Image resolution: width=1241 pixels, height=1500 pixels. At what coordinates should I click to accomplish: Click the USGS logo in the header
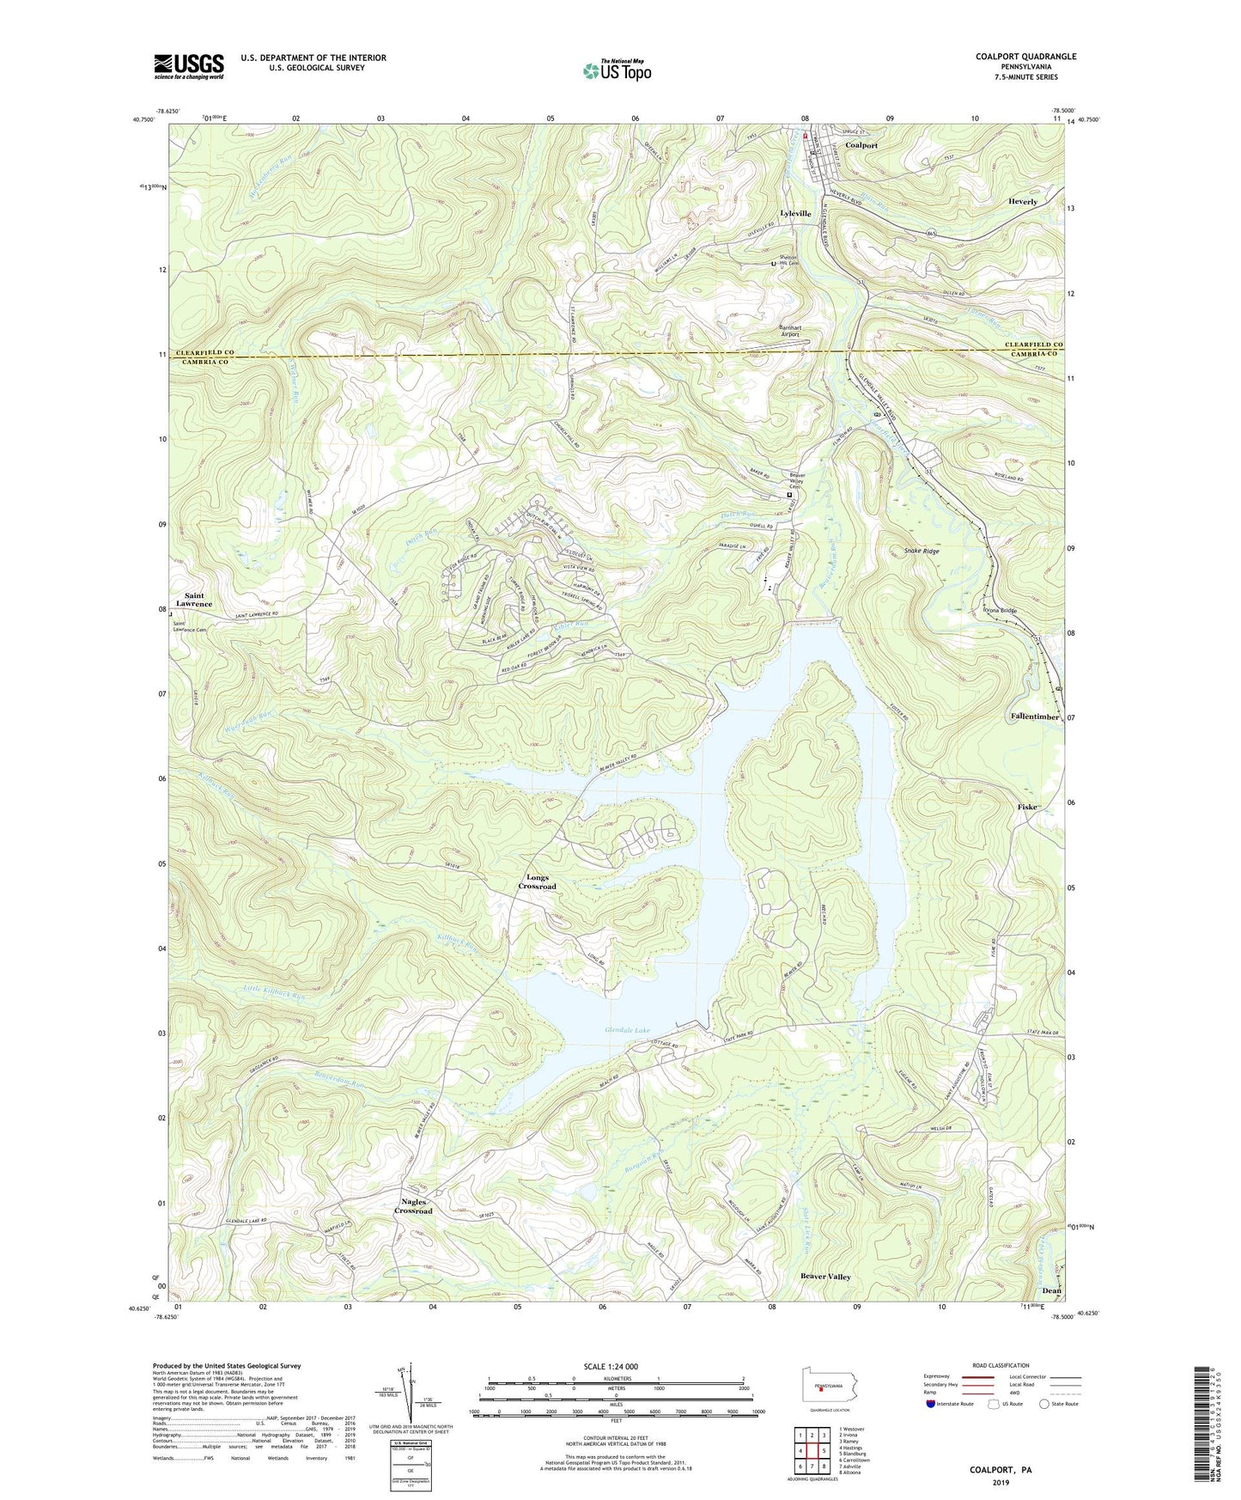point(189,65)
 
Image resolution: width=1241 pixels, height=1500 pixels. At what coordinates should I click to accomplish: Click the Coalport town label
point(861,145)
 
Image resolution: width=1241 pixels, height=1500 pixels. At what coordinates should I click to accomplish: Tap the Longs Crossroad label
point(537,882)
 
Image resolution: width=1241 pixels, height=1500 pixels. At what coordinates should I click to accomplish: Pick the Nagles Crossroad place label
point(413,1206)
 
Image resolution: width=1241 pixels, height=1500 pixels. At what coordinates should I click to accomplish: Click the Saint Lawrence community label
point(194,600)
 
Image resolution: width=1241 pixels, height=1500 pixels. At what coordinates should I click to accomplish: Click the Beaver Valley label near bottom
point(825,1277)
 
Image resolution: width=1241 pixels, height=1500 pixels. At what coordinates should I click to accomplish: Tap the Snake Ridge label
point(921,551)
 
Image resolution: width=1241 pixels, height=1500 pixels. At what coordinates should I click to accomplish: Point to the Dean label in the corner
point(1051,1290)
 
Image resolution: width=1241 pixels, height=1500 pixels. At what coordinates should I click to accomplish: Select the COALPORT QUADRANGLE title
point(1025,57)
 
